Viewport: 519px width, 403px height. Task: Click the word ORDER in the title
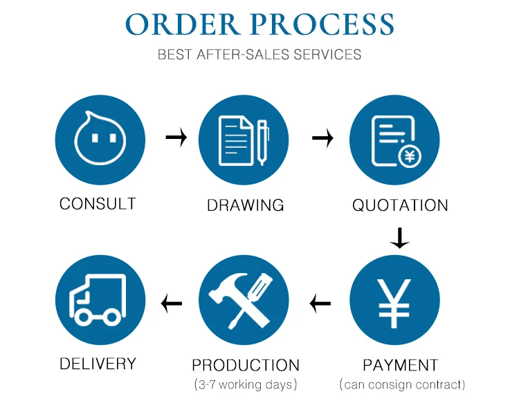183,24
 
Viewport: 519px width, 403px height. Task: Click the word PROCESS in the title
322,24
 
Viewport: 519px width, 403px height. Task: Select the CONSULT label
98,204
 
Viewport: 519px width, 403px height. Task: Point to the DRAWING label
245,205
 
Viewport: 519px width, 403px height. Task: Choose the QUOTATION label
400,205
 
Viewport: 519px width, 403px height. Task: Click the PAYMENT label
400,365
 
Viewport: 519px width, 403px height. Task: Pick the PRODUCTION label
246,365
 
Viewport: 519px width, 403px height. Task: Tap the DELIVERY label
98,364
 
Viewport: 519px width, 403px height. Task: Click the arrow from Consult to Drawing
176,137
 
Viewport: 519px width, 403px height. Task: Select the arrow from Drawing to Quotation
322,138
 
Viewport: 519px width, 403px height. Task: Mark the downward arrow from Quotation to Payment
399,238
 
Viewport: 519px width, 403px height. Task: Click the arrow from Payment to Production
320,303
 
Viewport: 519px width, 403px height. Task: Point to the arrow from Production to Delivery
172,303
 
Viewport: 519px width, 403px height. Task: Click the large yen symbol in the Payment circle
394,303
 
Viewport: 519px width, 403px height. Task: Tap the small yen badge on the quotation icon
410,156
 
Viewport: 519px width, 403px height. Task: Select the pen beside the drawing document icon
262,142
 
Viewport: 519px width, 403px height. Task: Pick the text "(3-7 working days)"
246,385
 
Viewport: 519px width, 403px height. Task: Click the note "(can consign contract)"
402,385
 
